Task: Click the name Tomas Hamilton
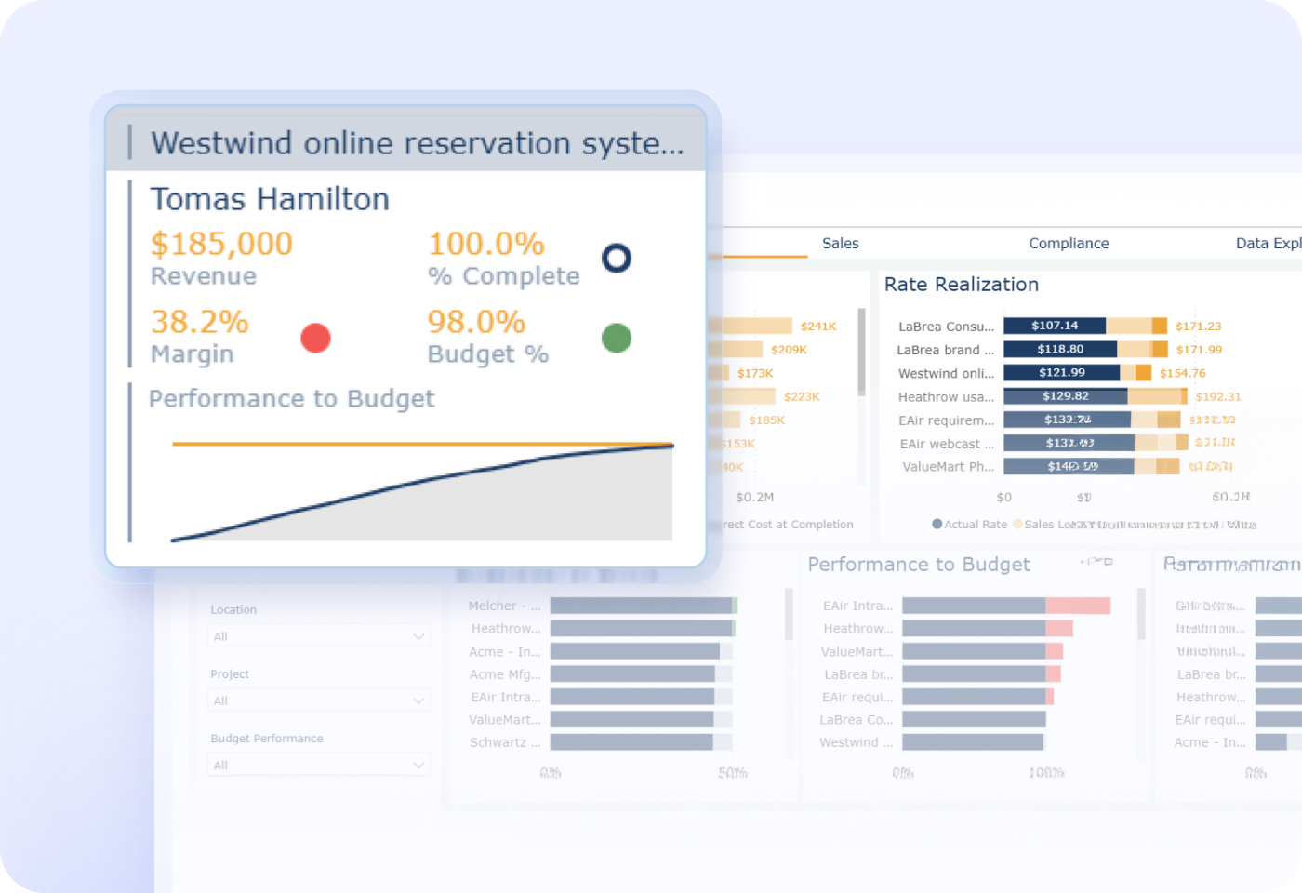[x=270, y=199]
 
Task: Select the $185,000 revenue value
[x=221, y=244]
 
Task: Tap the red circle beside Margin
[x=315, y=338]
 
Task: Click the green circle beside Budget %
[x=617, y=338]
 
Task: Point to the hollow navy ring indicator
[x=617, y=258]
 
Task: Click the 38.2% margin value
[x=199, y=322]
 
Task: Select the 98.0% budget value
[x=476, y=322]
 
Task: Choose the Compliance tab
[x=1069, y=243]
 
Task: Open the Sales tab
[x=840, y=243]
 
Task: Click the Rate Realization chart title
[x=961, y=285]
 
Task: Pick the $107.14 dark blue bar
[x=1055, y=326]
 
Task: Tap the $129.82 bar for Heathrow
[x=1066, y=396]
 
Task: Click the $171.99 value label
[x=1199, y=350]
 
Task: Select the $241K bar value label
[x=818, y=327]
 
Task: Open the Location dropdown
[x=318, y=636]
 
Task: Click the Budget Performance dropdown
[x=318, y=765]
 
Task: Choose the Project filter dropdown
[x=318, y=700]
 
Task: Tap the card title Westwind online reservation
[x=417, y=143]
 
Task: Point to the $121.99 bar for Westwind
[x=1061, y=373]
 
